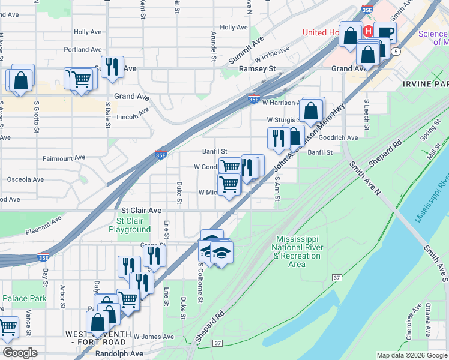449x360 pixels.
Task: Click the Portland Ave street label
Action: (85, 50)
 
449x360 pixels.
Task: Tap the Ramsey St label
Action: (257, 69)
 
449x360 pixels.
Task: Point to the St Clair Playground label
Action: (130, 225)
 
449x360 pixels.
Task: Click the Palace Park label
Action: (24, 298)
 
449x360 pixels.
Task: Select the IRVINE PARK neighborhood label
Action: (426, 83)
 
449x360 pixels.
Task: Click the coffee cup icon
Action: (385, 32)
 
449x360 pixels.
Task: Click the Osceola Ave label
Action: (25, 179)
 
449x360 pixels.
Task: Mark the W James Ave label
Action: (153, 337)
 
